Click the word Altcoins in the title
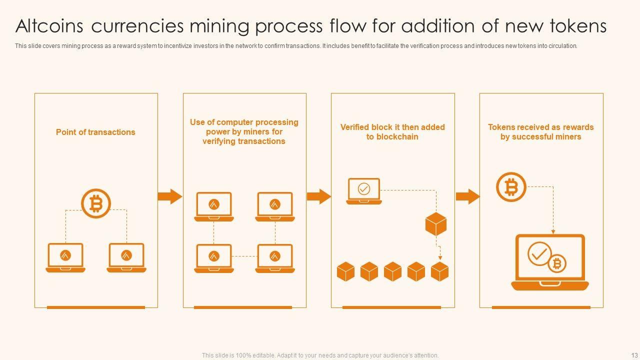click(x=49, y=25)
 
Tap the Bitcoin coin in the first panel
click(x=95, y=203)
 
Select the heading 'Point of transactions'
click(x=95, y=132)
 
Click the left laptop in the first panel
click(x=65, y=257)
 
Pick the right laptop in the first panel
click(x=126, y=257)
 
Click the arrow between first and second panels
click(x=170, y=196)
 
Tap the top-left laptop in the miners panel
click(x=214, y=206)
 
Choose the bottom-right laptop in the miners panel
click(x=275, y=258)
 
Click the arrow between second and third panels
click(x=318, y=196)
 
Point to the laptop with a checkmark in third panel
click(x=364, y=190)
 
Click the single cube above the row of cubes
click(x=436, y=224)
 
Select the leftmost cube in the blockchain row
click(x=345, y=271)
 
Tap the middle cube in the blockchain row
click(x=392, y=271)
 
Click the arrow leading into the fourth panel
click(x=467, y=196)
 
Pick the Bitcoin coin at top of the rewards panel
click(x=511, y=187)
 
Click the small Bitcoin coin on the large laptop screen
click(x=556, y=263)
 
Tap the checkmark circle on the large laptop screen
click(x=539, y=254)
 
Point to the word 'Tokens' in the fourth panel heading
click(x=501, y=127)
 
